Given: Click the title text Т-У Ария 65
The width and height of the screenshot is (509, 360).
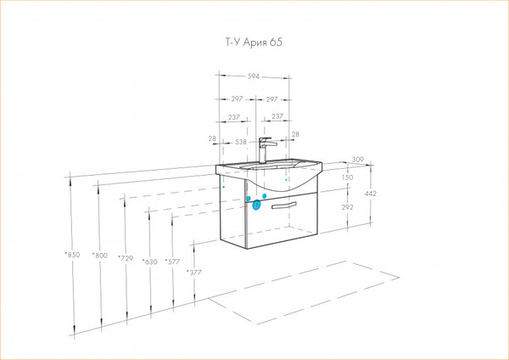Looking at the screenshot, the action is click(x=254, y=42).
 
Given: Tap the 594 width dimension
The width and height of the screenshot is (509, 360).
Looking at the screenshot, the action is click(x=254, y=76).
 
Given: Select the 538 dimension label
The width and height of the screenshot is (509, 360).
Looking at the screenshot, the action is click(x=241, y=142).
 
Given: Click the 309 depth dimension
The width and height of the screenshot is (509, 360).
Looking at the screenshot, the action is click(x=358, y=160).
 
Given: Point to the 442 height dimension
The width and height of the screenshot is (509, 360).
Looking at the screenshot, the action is click(x=371, y=194).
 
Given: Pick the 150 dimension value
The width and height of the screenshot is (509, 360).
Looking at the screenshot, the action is click(x=347, y=177).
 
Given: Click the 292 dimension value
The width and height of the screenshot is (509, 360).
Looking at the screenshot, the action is click(x=347, y=207).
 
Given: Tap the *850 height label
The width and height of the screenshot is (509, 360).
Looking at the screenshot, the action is click(x=72, y=255).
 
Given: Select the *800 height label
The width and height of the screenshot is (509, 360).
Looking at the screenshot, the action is click(x=99, y=256).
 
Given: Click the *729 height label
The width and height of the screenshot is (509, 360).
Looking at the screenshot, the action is click(x=126, y=258).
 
